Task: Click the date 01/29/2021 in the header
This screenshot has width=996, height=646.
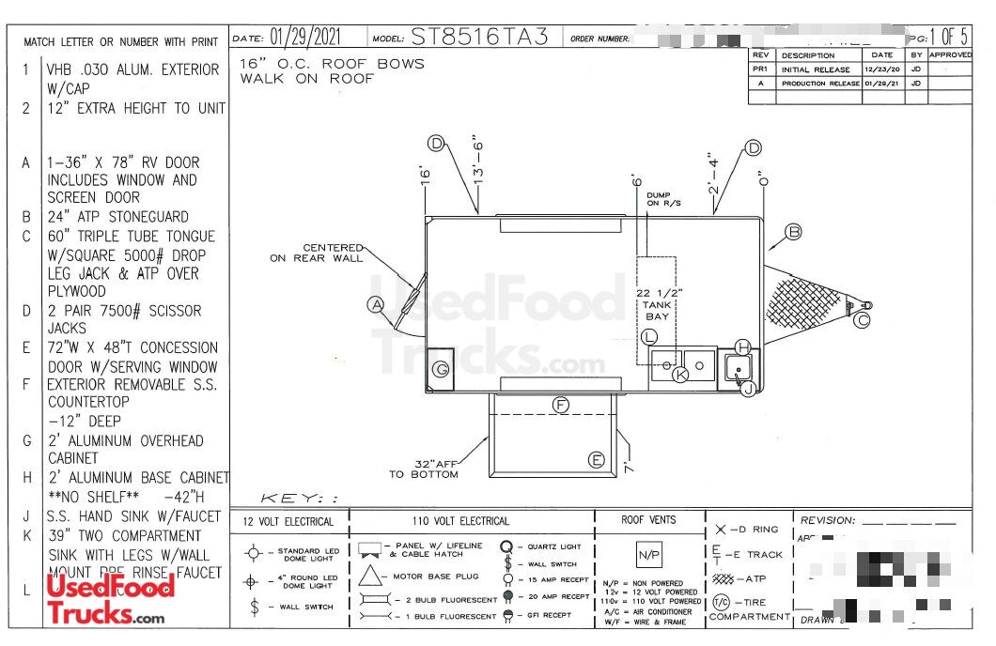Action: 305,38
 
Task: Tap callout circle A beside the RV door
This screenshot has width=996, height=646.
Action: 376,303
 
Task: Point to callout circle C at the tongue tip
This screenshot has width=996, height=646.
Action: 863,320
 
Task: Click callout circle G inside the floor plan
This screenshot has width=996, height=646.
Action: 440,369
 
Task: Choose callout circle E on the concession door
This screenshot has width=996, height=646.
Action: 596,459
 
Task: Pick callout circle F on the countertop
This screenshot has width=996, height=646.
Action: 561,405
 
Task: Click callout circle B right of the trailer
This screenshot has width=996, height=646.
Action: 793,232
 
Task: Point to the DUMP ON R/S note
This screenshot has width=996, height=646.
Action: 663,199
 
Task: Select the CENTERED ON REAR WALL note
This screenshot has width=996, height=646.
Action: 317,253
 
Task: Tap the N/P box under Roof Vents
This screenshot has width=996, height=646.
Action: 648,555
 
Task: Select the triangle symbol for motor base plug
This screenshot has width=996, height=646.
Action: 369,575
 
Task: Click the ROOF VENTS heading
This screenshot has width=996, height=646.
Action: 648,519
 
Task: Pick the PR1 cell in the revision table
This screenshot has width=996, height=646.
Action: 761,69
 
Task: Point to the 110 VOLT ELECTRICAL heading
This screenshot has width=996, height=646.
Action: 460,521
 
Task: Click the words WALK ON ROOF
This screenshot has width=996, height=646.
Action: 306,79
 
